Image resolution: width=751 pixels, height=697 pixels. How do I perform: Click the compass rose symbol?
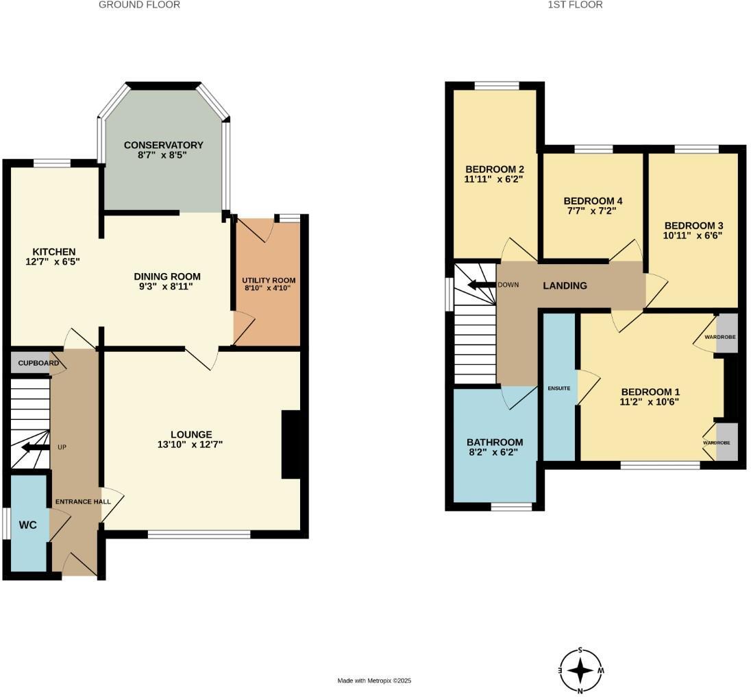tap(581, 670)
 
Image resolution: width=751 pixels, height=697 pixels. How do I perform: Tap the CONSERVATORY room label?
tap(163, 145)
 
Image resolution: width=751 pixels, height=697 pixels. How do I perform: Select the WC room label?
tap(27, 525)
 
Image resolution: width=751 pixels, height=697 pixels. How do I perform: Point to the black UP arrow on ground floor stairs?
tap(34, 448)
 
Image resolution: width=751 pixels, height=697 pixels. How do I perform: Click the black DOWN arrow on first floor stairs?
tap(481, 285)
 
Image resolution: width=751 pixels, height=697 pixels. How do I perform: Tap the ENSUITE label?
tap(558, 388)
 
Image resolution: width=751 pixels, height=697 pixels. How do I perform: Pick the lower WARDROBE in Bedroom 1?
tap(726, 442)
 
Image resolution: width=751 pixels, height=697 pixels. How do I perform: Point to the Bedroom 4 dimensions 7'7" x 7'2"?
tap(593, 211)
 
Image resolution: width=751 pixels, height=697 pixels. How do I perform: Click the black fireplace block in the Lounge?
tap(291, 444)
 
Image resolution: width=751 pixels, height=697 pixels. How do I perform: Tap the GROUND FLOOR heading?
tap(139, 5)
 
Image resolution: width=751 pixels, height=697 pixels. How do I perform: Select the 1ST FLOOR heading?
tap(565, 5)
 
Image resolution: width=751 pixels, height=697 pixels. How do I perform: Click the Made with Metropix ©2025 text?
tap(374, 681)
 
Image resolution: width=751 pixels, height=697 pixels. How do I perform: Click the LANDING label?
tap(565, 285)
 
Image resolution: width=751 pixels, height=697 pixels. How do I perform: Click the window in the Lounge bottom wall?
tap(199, 534)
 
